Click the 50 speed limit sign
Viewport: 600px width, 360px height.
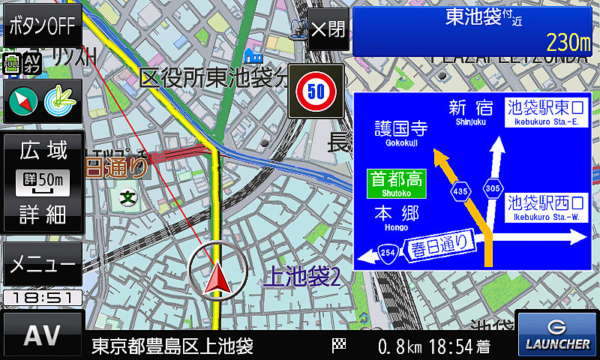point(316,91)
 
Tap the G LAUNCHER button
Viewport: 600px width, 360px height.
point(557,334)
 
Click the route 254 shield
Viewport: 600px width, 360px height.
point(388,253)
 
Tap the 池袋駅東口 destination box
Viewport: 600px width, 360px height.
point(545,114)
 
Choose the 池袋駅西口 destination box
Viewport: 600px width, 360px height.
point(545,205)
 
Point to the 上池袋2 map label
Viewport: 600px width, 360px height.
point(301,277)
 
